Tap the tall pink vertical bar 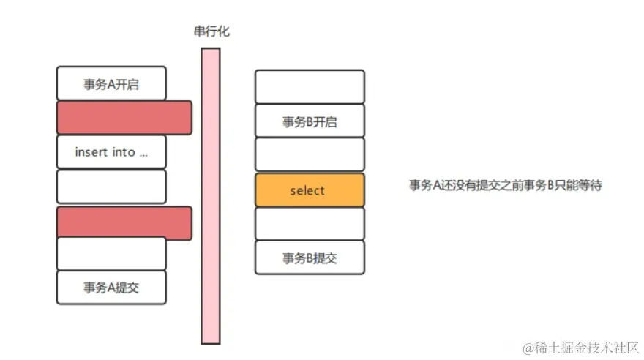[x=211, y=196]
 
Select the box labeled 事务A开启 [x=111, y=83]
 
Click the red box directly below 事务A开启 [x=124, y=118]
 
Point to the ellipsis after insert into [x=143, y=154]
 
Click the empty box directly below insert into [x=111, y=187]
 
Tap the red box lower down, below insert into [x=124, y=223]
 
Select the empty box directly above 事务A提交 [x=111, y=253]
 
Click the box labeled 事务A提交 [x=111, y=288]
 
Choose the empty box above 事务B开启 [x=310, y=86]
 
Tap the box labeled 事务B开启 [x=310, y=121]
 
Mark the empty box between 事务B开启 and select [x=310, y=154]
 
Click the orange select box [x=310, y=190]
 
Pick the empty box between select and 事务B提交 [x=310, y=224]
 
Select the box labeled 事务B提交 [x=310, y=258]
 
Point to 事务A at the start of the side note [x=423, y=186]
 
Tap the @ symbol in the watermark [x=525, y=345]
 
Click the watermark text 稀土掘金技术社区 [x=586, y=345]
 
